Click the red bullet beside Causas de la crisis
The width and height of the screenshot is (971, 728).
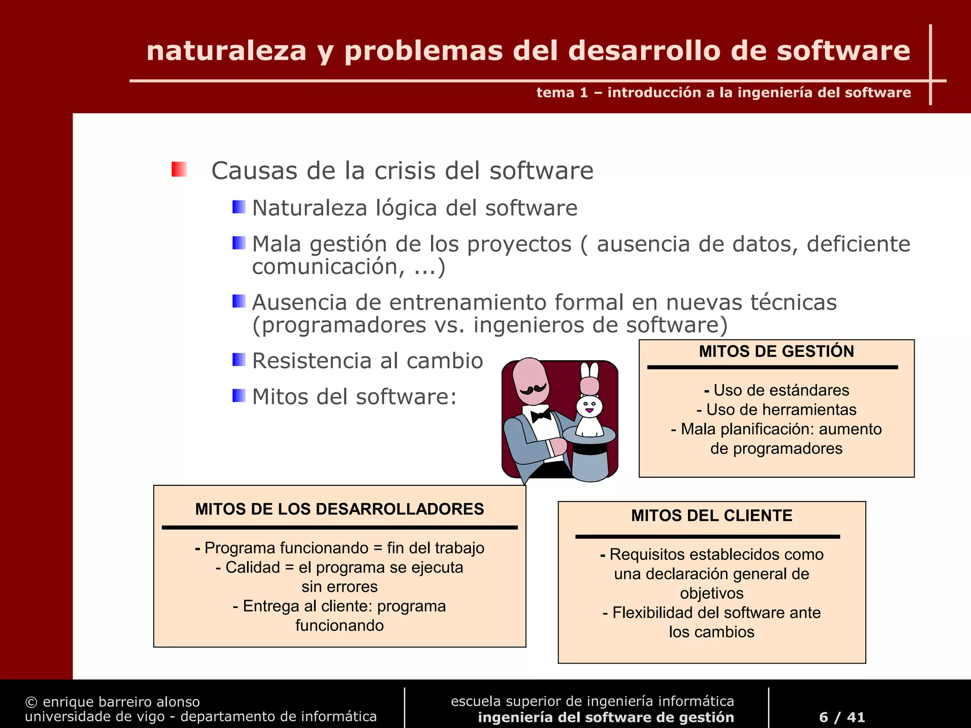179,169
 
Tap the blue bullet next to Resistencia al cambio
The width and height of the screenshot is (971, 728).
239,360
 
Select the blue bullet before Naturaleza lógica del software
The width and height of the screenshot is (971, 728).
239,207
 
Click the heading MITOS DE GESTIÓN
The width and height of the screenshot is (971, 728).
776,351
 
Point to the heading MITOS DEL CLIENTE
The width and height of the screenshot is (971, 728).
711,515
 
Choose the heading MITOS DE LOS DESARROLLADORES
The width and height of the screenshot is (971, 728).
339,509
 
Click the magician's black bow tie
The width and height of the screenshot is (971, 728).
540,416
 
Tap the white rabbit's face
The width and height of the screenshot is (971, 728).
589,406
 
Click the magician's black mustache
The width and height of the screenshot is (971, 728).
534,389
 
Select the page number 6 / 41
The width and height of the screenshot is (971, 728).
842,717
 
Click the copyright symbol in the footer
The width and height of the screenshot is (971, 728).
31,702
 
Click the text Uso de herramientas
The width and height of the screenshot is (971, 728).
781,409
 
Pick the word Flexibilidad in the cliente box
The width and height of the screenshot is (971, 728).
647,612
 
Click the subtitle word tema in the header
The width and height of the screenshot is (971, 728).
555,92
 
